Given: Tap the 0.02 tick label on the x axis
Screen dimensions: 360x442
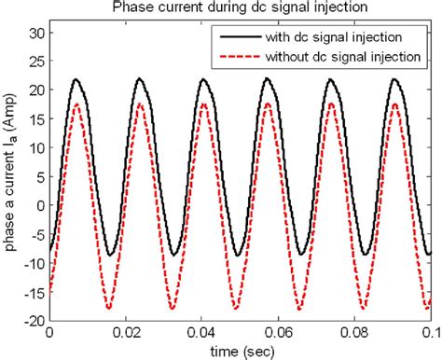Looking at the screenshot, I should coord(125,332).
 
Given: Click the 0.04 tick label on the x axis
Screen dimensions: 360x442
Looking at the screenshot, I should coord(201,332).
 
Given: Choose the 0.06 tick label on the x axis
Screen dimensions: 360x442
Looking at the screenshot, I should coord(278,332).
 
